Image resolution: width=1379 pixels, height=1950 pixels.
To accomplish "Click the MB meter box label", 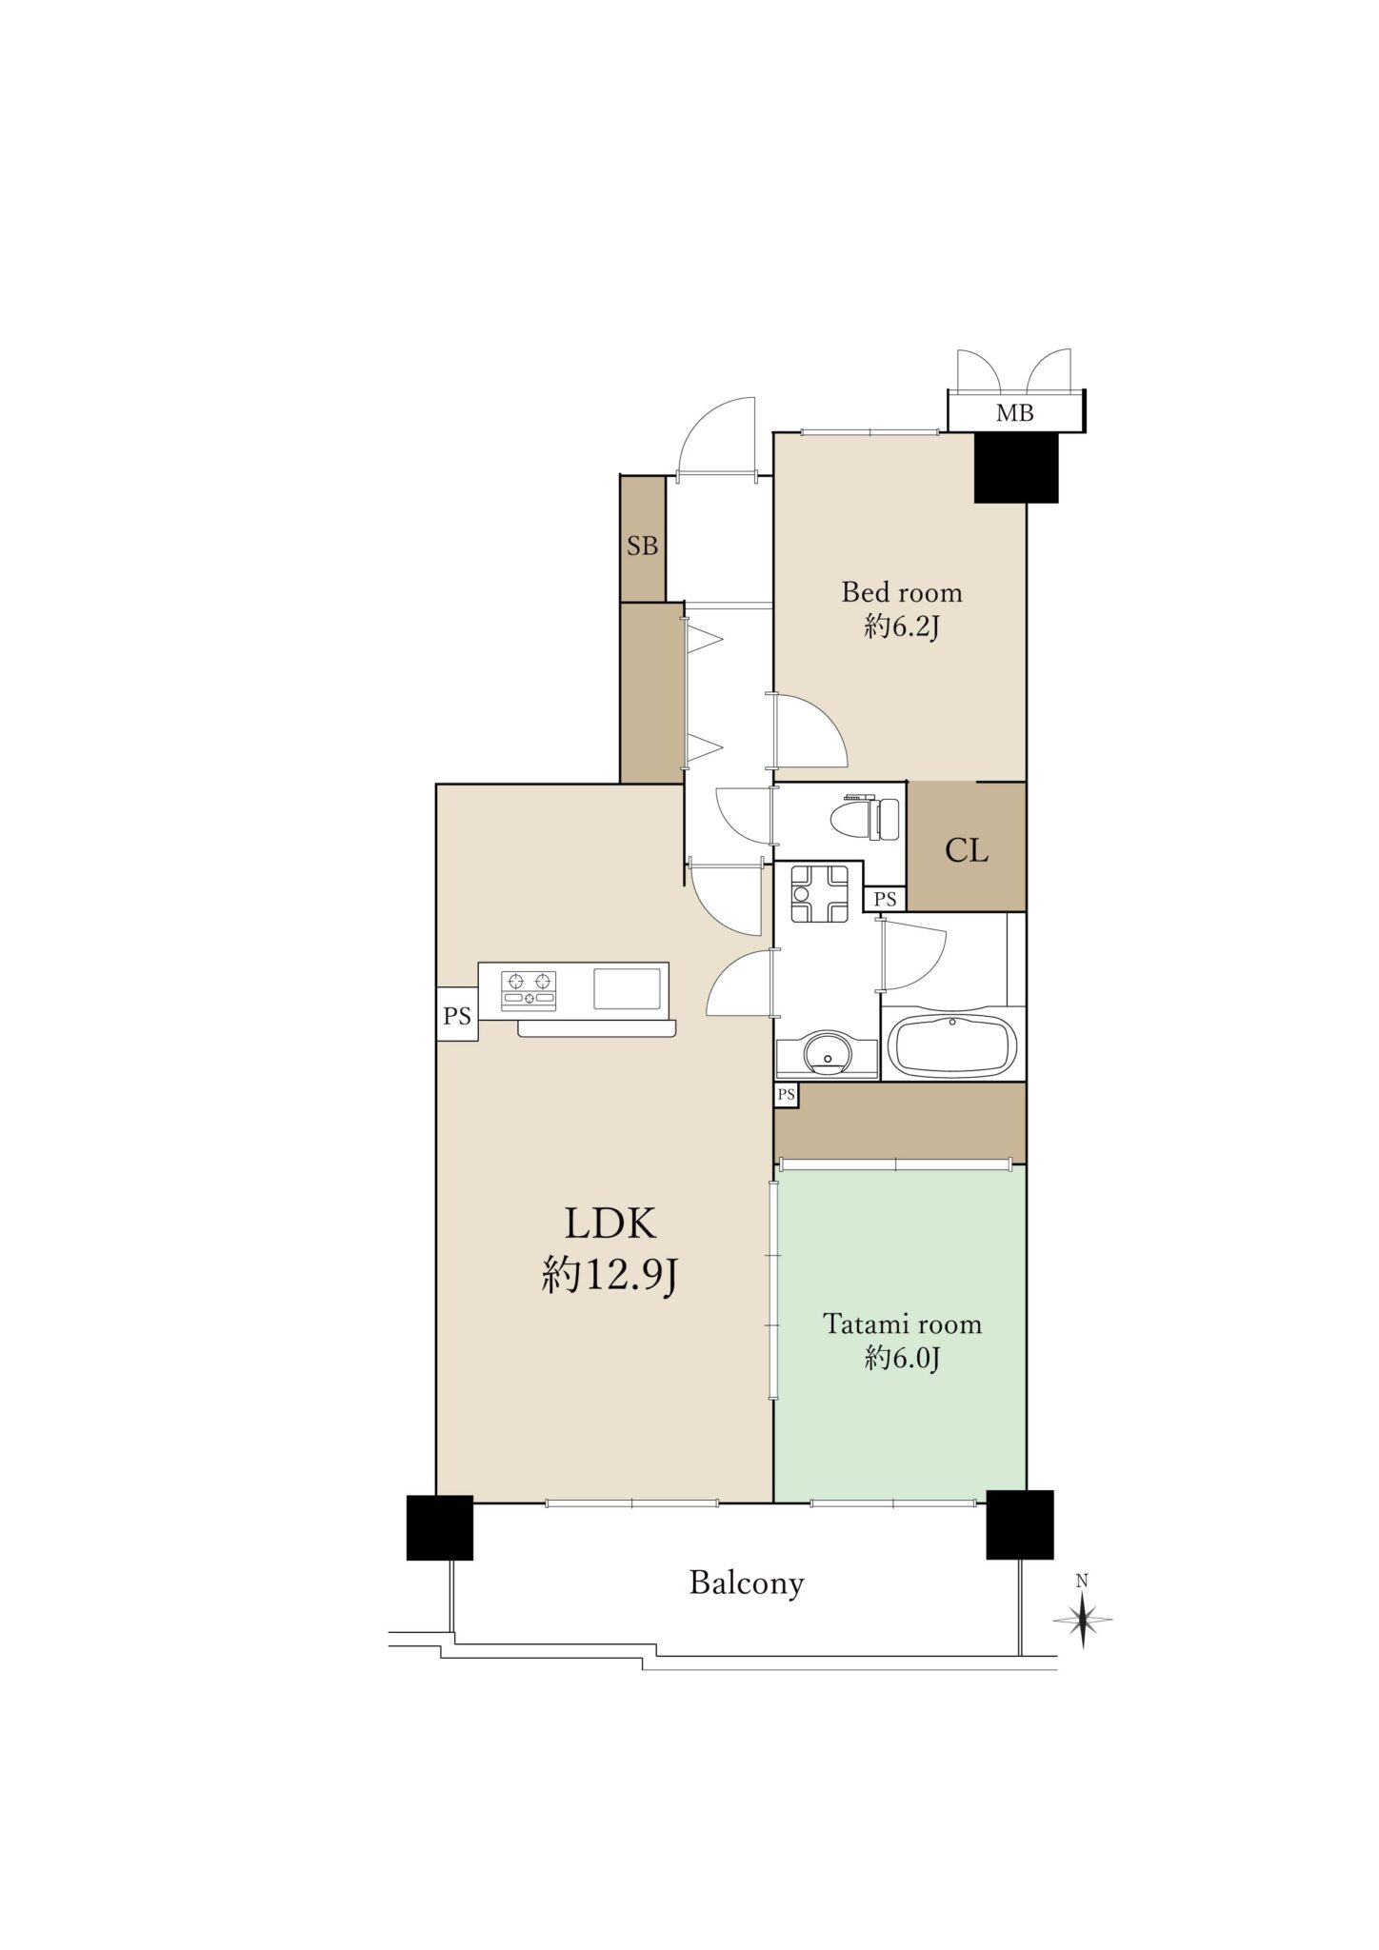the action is pos(1015,413).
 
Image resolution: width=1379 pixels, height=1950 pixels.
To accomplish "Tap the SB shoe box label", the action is pos(643,547).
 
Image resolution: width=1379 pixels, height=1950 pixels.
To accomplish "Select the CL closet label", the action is pos(966,850).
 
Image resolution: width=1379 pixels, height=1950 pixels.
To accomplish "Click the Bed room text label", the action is pos(901,592).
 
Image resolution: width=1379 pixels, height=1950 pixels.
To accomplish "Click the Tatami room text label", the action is pos(902,1324).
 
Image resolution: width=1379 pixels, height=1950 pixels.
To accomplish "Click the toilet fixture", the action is pos(865,818).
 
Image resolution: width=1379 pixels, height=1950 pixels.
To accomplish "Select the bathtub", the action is pos(952,1045).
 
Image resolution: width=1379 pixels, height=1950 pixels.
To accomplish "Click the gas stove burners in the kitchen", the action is pos(528,988).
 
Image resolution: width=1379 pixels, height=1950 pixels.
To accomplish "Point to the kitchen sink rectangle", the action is pos(628,988).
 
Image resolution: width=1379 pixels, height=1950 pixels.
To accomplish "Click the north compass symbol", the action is pos(1083,1617).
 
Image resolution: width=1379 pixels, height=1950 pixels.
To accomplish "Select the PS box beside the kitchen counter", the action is pos(457,1015).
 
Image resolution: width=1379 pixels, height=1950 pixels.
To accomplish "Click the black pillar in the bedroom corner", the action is pos(1016,468).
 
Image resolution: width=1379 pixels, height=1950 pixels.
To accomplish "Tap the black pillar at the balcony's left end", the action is pos(440,1527).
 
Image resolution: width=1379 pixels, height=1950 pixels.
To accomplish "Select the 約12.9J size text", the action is pos(610,1273).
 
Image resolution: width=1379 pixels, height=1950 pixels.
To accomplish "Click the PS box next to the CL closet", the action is pos(886,898).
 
